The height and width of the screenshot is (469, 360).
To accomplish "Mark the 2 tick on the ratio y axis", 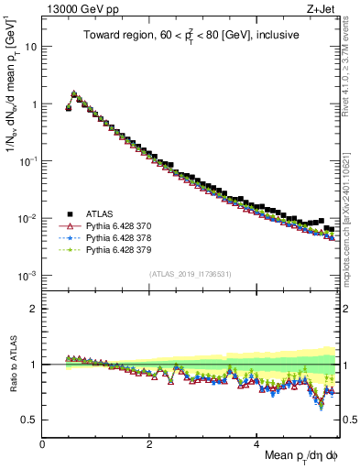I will click(x=33, y=309).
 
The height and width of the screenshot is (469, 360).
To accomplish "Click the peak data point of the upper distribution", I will click(x=73, y=93).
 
